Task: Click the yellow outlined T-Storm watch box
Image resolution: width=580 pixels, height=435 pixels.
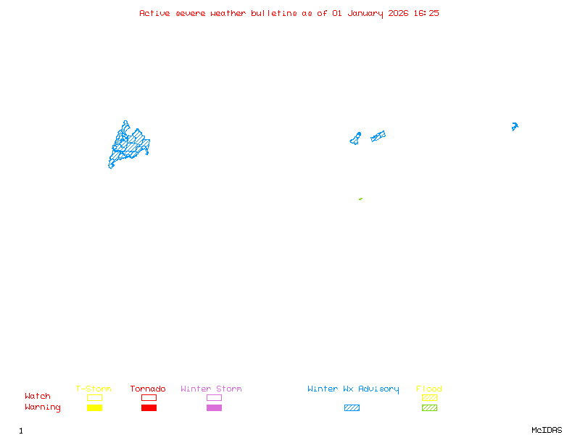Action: (x=94, y=397)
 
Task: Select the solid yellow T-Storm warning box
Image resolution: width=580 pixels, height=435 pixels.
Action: (x=94, y=407)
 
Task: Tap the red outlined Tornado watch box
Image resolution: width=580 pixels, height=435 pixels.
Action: (x=149, y=397)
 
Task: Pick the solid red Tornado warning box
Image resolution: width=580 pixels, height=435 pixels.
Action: (x=149, y=407)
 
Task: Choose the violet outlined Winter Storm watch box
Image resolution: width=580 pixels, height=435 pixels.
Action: (x=214, y=397)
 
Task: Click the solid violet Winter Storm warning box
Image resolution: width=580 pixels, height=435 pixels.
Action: (x=214, y=407)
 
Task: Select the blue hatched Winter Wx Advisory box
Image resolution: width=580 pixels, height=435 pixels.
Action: (x=352, y=407)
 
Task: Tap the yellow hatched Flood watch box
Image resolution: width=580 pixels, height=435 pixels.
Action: (x=429, y=397)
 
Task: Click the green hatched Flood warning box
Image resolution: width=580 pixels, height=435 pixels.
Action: (x=429, y=407)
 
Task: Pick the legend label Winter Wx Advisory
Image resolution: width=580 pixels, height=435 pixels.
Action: (x=353, y=389)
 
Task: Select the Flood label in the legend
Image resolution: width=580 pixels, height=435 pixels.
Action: (x=429, y=389)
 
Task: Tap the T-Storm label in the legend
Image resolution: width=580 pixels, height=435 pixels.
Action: (x=94, y=389)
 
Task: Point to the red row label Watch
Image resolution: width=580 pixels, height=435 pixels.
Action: (x=38, y=397)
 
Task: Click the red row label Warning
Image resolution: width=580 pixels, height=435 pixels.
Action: (x=43, y=407)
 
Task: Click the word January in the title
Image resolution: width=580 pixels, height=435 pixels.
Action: (x=365, y=13)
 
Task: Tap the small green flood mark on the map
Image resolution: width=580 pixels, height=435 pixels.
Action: (x=360, y=199)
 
